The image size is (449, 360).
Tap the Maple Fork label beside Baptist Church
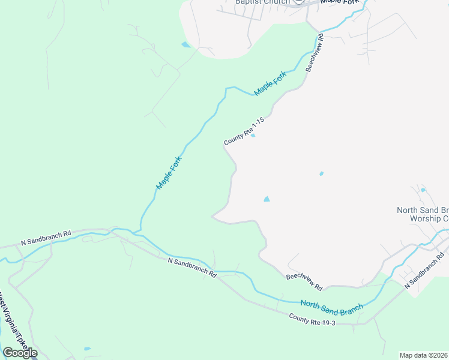(340, 2)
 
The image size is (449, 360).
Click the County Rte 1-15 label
(244, 131)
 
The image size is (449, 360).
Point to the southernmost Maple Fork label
(169, 173)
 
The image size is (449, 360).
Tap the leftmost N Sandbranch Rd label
(46, 237)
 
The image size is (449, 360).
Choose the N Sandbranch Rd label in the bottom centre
(192, 267)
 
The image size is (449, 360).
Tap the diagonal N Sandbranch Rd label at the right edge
(425, 272)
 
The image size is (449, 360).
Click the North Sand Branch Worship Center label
(423, 214)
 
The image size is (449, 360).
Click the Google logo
(20, 353)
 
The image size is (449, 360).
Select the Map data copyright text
(424, 355)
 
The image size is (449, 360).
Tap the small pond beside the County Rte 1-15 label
(253, 135)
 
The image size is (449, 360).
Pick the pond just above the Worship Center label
(423, 190)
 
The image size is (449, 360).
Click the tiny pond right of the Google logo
(88, 349)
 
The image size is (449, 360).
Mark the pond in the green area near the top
(185, 44)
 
